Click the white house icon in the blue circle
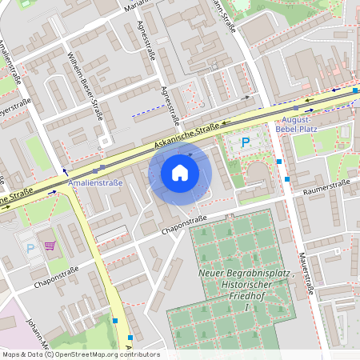[180, 172]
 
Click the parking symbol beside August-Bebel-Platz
[246, 143]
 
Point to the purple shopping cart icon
[50, 246]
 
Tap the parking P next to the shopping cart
[30, 248]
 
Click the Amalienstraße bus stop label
[96, 183]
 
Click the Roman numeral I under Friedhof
[247, 307]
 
